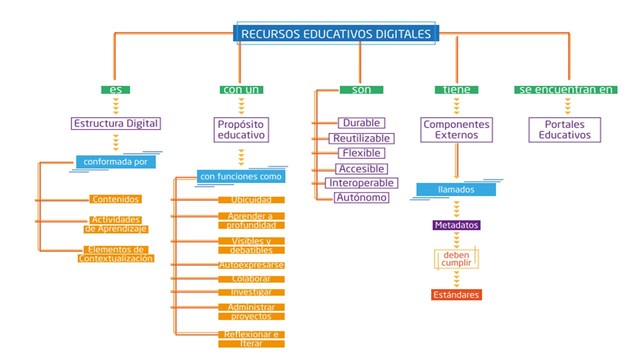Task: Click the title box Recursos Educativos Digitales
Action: (x=336, y=34)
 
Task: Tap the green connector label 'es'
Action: (x=116, y=90)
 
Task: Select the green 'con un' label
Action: (x=241, y=90)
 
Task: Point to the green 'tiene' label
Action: (x=454, y=90)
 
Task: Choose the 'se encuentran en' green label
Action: (x=565, y=90)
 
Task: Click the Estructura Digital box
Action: (x=116, y=124)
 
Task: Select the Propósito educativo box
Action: (x=241, y=130)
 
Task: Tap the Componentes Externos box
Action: (x=455, y=130)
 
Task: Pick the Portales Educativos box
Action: (x=565, y=130)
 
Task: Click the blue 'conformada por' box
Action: (x=116, y=160)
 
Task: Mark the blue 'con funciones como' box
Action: (x=241, y=177)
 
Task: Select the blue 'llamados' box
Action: (x=456, y=189)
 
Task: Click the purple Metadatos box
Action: (x=456, y=226)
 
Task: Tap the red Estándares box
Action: (x=456, y=295)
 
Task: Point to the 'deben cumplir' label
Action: (x=456, y=260)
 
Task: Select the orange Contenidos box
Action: (x=116, y=199)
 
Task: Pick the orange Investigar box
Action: (x=251, y=292)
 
